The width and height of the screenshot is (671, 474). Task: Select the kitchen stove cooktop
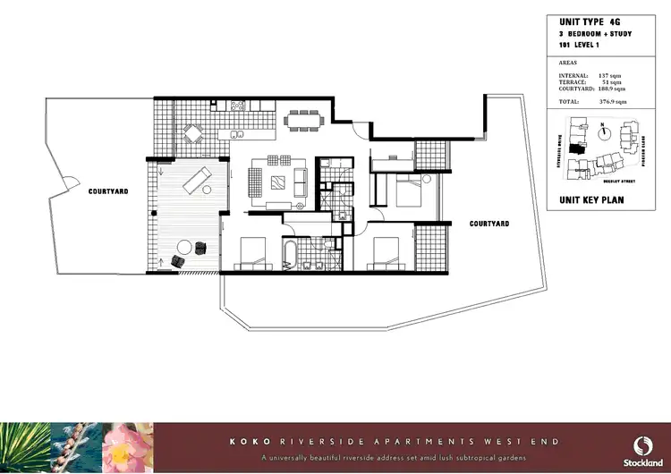click(239, 106)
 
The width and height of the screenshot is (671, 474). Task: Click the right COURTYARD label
click(489, 224)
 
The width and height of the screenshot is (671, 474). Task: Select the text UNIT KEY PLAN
click(590, 200)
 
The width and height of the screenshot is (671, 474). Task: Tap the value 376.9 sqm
click(611, 103)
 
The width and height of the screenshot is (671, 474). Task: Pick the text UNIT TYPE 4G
click(588, 21)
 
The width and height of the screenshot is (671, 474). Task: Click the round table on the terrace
click(186, 246)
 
